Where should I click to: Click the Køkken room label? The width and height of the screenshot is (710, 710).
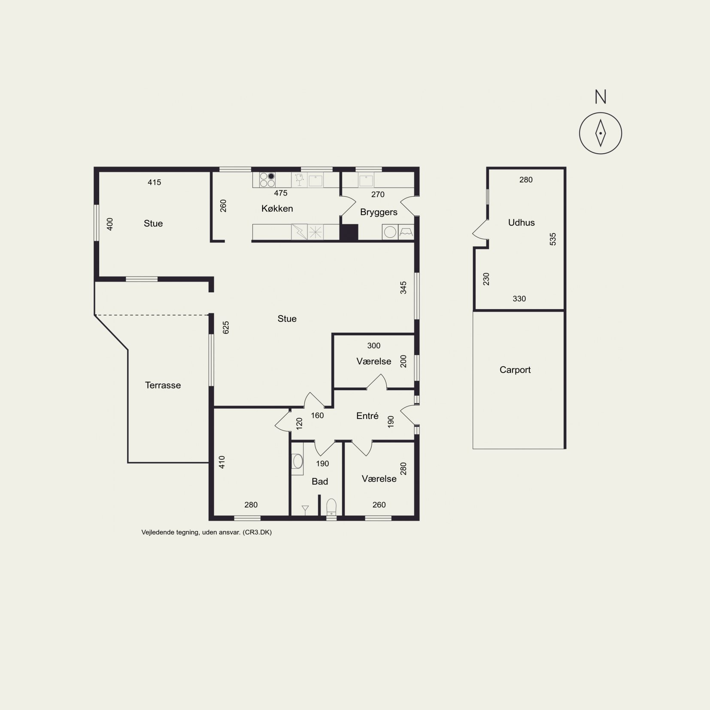(277, 209)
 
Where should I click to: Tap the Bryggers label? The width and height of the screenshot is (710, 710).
(379, 212)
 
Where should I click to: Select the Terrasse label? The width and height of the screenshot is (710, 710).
(163, 385)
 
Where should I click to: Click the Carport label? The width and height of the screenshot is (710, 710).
(515, 370)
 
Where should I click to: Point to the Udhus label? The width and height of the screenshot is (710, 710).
(521, 222)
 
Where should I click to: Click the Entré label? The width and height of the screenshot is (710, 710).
(367, 416)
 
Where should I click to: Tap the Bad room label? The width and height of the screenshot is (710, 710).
(320, 482)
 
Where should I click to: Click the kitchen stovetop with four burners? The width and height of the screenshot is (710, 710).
(267, 180)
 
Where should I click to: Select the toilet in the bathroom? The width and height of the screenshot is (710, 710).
(331, 507)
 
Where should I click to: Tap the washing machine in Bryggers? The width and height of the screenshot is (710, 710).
(390, 232)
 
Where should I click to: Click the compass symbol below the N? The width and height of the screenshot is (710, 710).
(600, 133)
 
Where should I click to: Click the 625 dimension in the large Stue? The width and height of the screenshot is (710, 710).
(226, 328)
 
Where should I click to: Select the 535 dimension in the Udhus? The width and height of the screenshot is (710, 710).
(553, 239)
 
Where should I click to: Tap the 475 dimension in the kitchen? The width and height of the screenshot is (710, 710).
(281, 193)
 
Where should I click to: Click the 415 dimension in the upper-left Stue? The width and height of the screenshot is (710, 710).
(154, 182)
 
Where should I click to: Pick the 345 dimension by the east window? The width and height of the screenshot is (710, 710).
(403, 288)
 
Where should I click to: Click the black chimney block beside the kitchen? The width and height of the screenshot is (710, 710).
(349, 232)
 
